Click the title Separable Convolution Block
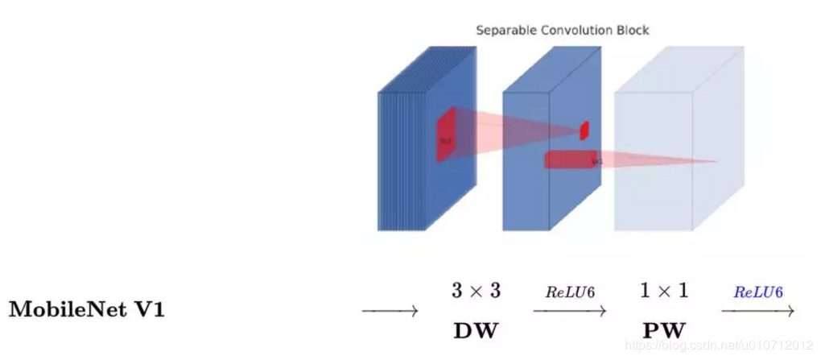(x=562, y=31)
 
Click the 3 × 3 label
(x=475, y=291)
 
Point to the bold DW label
(x=475, y=330)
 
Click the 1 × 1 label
(x=664, y=291)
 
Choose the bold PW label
(x=664, y=330)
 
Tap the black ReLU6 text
(x=570, y=292)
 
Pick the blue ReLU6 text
(x=758, y=292)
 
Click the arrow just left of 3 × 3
(x=390, y=311)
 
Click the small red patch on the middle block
(x=584, y=130)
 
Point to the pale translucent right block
(x=654, y=161)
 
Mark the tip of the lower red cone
(x=716, y=162)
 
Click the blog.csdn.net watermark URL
(x=720, y=346)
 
